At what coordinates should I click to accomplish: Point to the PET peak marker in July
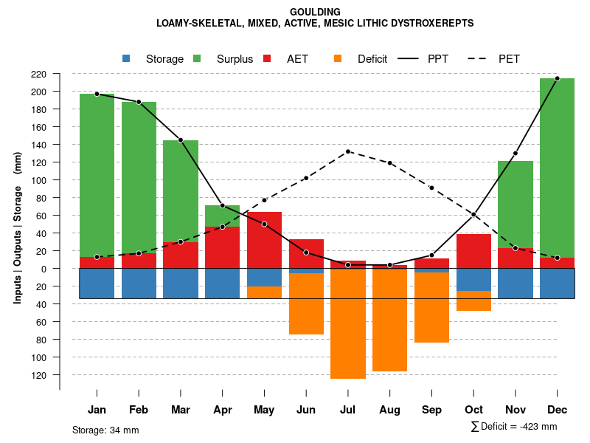pos(348,151)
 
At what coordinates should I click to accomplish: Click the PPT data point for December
pos(557,78)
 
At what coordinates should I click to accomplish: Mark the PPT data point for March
pos(181,140)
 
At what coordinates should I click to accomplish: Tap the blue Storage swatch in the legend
pos(126,58)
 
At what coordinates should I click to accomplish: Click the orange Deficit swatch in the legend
pos(338,58)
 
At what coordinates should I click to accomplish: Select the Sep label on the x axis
pos(431,410)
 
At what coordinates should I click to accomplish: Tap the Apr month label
pos(223,410)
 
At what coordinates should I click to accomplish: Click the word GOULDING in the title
pos(315,12)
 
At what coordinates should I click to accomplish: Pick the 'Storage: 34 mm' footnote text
pos(105,430)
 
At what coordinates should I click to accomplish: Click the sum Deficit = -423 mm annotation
pos(514,427)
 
